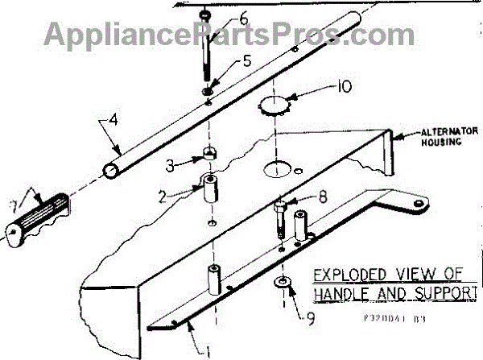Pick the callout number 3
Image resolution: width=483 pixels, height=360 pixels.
click(x=170, y=165)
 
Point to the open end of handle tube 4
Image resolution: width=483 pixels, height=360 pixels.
click(x=110, y=171)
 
